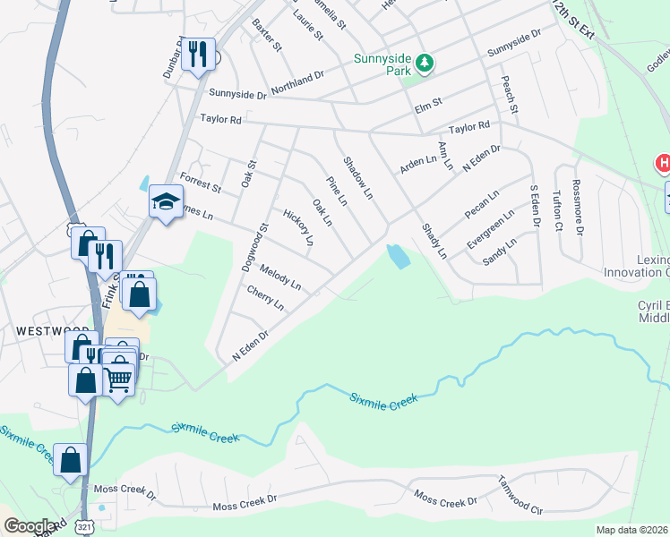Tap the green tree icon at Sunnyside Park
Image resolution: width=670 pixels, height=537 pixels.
[426, 63]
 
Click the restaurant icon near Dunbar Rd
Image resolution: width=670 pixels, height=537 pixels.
[198, 54]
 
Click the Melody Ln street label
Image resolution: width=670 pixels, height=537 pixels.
[280, 278]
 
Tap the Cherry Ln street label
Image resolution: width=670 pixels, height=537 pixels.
[265, 298]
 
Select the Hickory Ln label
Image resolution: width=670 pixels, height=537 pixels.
[298, 227]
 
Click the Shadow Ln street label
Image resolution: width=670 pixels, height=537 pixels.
[358, 178]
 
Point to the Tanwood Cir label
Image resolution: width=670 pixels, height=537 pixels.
[521, 495]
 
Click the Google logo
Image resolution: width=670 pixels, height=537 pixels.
[30, 526]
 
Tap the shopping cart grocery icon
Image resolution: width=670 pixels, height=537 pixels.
[119, 377]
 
